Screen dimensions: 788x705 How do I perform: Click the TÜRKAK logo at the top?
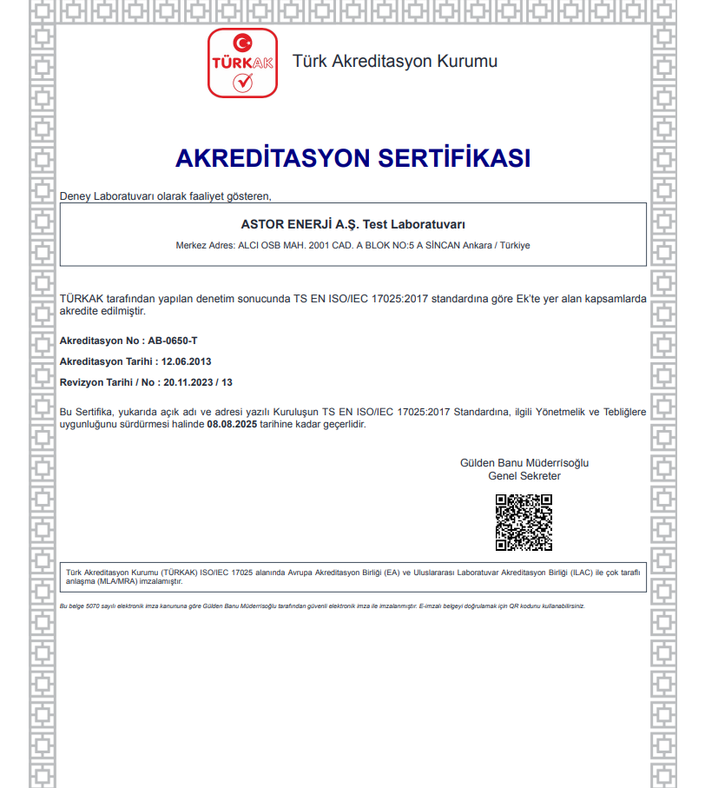pos(242,63)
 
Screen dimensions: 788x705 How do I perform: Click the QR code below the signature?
pos(524,522)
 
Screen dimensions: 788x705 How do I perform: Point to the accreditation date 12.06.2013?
pos(188,361)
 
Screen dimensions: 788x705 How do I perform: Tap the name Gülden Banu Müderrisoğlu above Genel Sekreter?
pos(524,463)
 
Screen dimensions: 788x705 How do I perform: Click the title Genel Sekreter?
pos(524,476)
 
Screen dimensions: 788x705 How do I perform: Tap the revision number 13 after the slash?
pos(227,382)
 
